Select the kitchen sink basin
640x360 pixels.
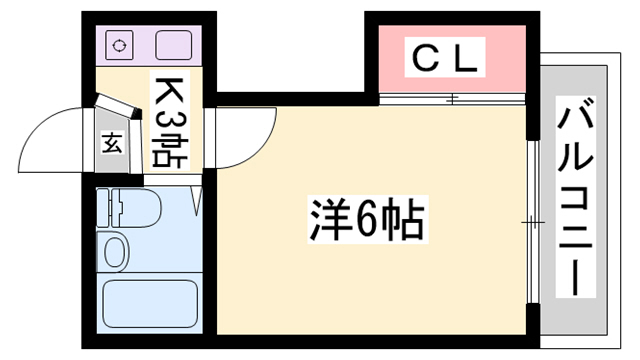pyautogui.click(x=174, y=45)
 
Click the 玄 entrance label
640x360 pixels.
pyautogui.click(x=112, y=142)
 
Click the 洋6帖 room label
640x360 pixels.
pyautogui.click(x=365, y=222)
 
